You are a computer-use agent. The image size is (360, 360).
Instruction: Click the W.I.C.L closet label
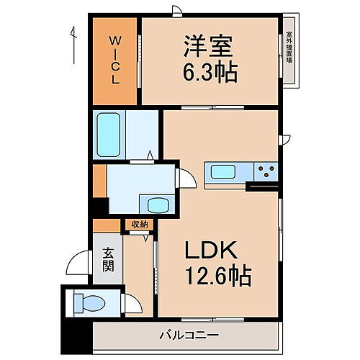point(114,59)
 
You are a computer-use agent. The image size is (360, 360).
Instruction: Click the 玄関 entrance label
point(108,260)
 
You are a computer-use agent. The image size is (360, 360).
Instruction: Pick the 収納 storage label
point(139,224)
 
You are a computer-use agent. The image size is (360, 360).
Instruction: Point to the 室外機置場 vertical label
point(289,48)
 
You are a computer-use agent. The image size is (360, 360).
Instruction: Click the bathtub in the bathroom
point(113,135)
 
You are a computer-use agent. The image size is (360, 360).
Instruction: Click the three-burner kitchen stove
point(266,171)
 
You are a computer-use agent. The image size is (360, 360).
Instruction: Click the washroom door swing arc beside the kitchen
point(186,179)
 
